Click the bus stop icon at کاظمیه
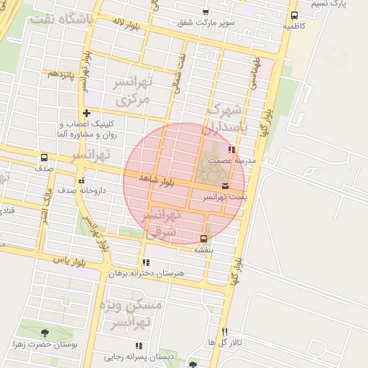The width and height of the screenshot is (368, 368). pyautogui.click(x=294, y=16)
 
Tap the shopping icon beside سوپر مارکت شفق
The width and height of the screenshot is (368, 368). pyautogui.click(x=206, y=12)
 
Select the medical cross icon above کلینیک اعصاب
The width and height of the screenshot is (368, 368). pyautogui.click(x=87, y=113)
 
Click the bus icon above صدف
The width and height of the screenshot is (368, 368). pyautogui.click(x=45, y=157)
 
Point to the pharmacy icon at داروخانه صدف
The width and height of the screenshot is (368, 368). pyautogui.click(x=81, y=180)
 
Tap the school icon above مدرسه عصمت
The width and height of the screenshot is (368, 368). pyautogui.click(x=231, y=150)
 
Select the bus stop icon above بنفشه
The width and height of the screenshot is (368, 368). pyautogui.click(x=203, y=239)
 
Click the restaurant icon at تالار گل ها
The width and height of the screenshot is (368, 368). pyautogui.click(x=225, y=331)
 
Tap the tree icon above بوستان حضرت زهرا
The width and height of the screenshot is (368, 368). pyautogui.click(x=45, y=333)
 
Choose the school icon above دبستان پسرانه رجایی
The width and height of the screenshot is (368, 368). pyautogui.click(x=139, y=346)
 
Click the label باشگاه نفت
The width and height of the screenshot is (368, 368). pyautogui.click(x=63, y=20)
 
